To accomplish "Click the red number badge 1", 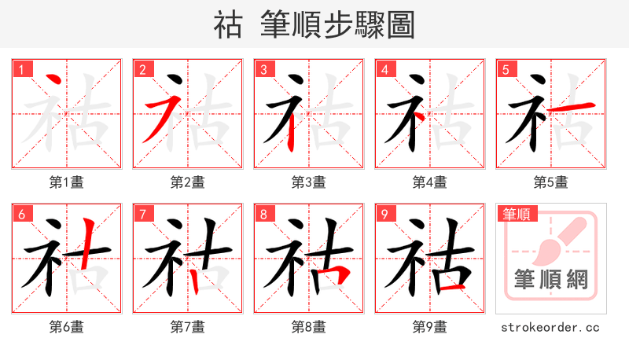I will click(21, 70).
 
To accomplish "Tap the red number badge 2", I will click(142, 70).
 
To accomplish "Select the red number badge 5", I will click(506, 70).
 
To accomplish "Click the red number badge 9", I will click(384, 215).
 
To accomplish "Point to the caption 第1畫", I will click(67, 182).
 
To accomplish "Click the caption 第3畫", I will click(309, 182).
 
